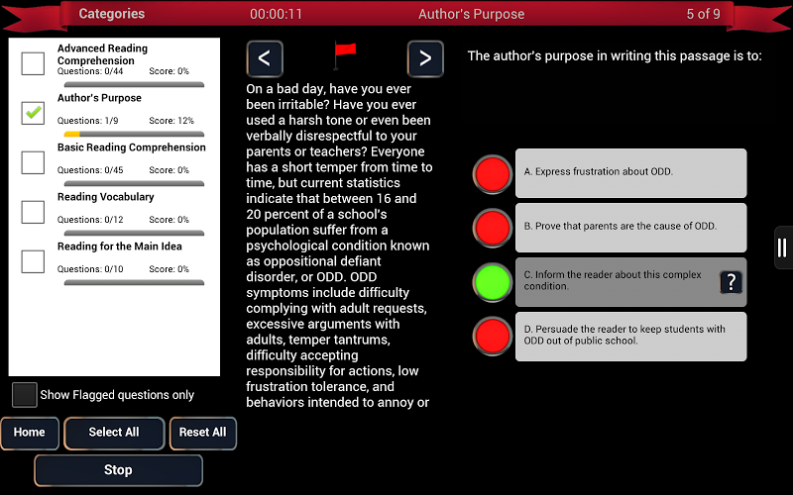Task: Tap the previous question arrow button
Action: pos(265,58)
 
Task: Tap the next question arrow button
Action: pos(425,58)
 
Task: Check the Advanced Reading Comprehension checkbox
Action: pos(33,63)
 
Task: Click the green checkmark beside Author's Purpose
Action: pos(33,113)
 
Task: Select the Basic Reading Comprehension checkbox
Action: pos(33,162)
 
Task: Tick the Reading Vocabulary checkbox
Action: pos(33,212)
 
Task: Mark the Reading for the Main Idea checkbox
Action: pos(33,261)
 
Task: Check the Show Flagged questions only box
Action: pos(24,394)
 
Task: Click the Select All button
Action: pos(114,433)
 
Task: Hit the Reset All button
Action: pos(203,433)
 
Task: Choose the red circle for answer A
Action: pos(493,174)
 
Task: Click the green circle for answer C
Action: pos(493,282)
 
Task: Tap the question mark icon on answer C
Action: pos(731,282)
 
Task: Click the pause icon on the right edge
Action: pos(783,247)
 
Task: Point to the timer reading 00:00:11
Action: pos(277,14)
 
